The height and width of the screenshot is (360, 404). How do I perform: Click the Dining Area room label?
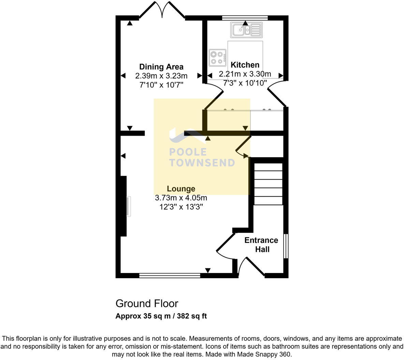(161, 67)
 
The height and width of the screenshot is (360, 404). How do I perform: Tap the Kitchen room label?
(245, 65)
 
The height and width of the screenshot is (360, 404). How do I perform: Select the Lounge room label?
(181, 189)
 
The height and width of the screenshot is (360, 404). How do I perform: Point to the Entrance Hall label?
(261, 245)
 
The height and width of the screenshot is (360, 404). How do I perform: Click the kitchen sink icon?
(246, 30)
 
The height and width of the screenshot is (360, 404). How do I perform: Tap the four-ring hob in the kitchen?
(218, 57)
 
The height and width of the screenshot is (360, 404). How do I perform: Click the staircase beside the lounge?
(269, 184)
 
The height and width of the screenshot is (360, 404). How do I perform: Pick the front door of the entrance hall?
(252, 267)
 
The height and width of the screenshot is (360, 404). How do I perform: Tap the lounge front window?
(170, 275)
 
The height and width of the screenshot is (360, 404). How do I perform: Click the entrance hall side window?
(286, 246)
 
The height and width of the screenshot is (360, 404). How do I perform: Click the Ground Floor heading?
(147, 303)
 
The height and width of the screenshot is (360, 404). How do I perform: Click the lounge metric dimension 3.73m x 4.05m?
(181, 198)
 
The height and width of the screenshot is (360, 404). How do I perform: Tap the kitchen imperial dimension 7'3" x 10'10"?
(245, 83)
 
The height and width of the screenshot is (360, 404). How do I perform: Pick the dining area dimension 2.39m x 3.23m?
(161, 76)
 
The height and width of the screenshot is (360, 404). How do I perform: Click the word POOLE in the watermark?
(188, 152)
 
